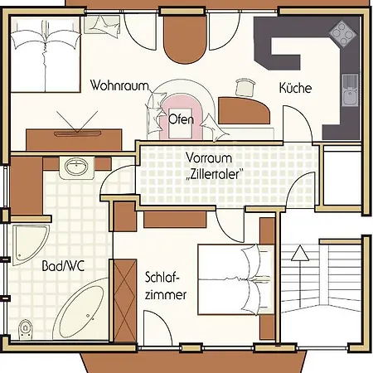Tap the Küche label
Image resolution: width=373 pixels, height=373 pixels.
point(295,87)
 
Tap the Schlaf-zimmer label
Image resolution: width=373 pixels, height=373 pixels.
point(165,285)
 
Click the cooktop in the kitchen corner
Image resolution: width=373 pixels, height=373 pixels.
point(341,33)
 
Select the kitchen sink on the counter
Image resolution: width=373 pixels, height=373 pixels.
point(348,87)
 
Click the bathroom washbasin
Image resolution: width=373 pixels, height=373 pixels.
point(77,167)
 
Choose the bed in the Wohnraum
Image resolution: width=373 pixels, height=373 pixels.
point(46,58)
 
